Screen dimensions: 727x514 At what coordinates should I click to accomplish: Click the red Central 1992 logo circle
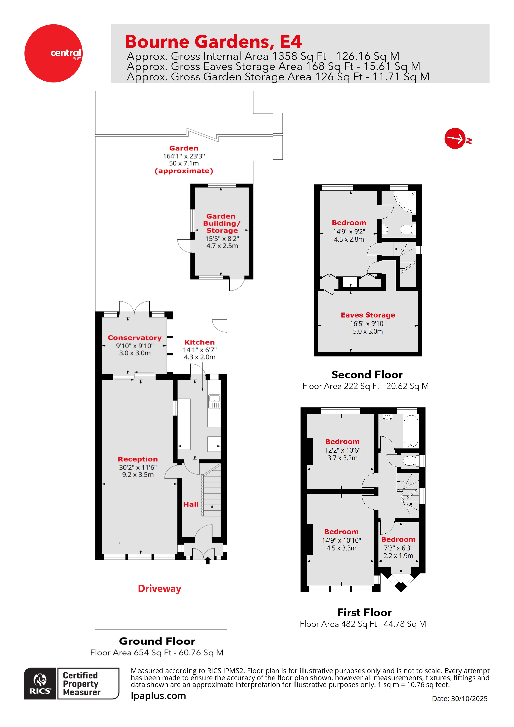[53, 53]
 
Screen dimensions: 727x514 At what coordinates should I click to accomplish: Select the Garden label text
[184, 148]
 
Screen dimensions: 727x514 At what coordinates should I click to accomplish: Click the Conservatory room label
[135, 338]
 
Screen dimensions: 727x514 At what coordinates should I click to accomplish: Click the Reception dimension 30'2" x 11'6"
[138, 467]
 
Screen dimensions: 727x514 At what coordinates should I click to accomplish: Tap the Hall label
[191, 504]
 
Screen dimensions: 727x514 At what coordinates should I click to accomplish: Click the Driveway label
[159, 589]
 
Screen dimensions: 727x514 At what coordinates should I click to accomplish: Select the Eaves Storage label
[368, 315]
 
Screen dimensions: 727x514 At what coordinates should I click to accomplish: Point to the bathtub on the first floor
[411, 431]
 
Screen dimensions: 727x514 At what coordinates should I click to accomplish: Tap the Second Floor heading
[367, 374]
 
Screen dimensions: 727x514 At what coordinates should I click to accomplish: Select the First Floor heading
[364, 612]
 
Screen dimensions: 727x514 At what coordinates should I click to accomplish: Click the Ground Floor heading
[157, 641]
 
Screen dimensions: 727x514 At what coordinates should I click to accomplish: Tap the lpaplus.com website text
[158, 696]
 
